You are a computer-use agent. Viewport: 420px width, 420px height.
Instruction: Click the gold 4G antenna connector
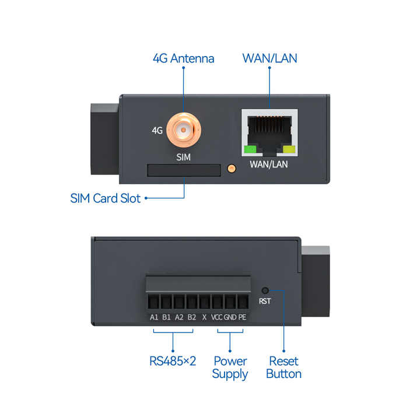tap(183, 131)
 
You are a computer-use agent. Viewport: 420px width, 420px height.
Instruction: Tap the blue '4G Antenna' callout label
tap(183, 58)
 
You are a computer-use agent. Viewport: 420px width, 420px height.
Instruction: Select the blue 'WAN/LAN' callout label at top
tap(269, 58)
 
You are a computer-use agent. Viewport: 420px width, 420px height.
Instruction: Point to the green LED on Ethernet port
tap(251, 149)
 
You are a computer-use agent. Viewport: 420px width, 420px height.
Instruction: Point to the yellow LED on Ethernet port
tap(288, 149)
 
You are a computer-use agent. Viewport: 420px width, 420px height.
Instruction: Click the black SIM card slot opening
tap(184, 170)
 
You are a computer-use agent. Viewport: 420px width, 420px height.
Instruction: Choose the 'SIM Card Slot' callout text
tap(106, 198)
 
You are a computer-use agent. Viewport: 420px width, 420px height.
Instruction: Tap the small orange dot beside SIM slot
tap(231, 169)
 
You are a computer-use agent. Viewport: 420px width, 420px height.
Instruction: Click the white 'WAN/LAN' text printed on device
tap(269, 164)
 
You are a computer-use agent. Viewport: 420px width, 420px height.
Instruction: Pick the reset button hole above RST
tap(266, 290)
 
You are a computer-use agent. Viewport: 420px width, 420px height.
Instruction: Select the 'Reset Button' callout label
tap(283, 367)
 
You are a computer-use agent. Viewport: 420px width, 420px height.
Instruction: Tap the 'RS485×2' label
tap(173, 361)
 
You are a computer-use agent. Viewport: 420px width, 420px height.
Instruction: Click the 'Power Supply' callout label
tap(230, 367)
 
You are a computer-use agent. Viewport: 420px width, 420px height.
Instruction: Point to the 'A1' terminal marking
tap(154, 318)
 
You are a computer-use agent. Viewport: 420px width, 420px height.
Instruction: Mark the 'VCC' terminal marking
tap(216, 318)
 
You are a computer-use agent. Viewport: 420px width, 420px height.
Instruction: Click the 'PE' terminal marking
tap(242, 318)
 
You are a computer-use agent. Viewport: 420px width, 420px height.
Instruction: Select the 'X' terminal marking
tap(204, 318)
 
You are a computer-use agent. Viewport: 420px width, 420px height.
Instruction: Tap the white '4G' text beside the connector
tap(157, 131)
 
